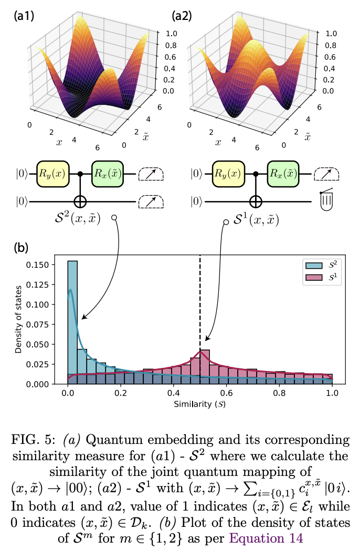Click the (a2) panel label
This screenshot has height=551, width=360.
point(181,16)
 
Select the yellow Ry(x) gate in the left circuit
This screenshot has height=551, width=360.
point(53,174)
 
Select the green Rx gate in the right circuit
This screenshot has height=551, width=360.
point(283,174)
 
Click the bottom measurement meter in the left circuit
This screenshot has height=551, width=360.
point(152,201)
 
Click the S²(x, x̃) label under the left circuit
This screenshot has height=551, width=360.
point(80,220)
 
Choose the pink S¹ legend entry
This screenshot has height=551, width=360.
point(322,277)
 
